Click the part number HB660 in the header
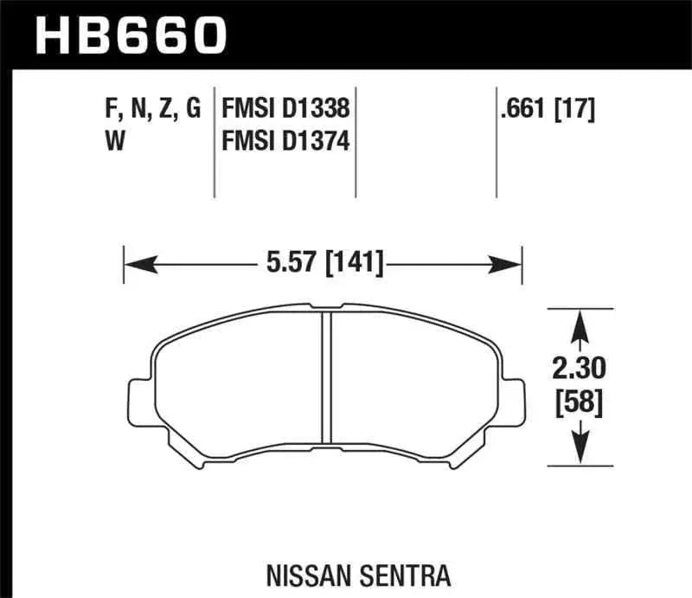(130, 35)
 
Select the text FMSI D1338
(285, 110)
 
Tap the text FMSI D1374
(285, 140)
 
